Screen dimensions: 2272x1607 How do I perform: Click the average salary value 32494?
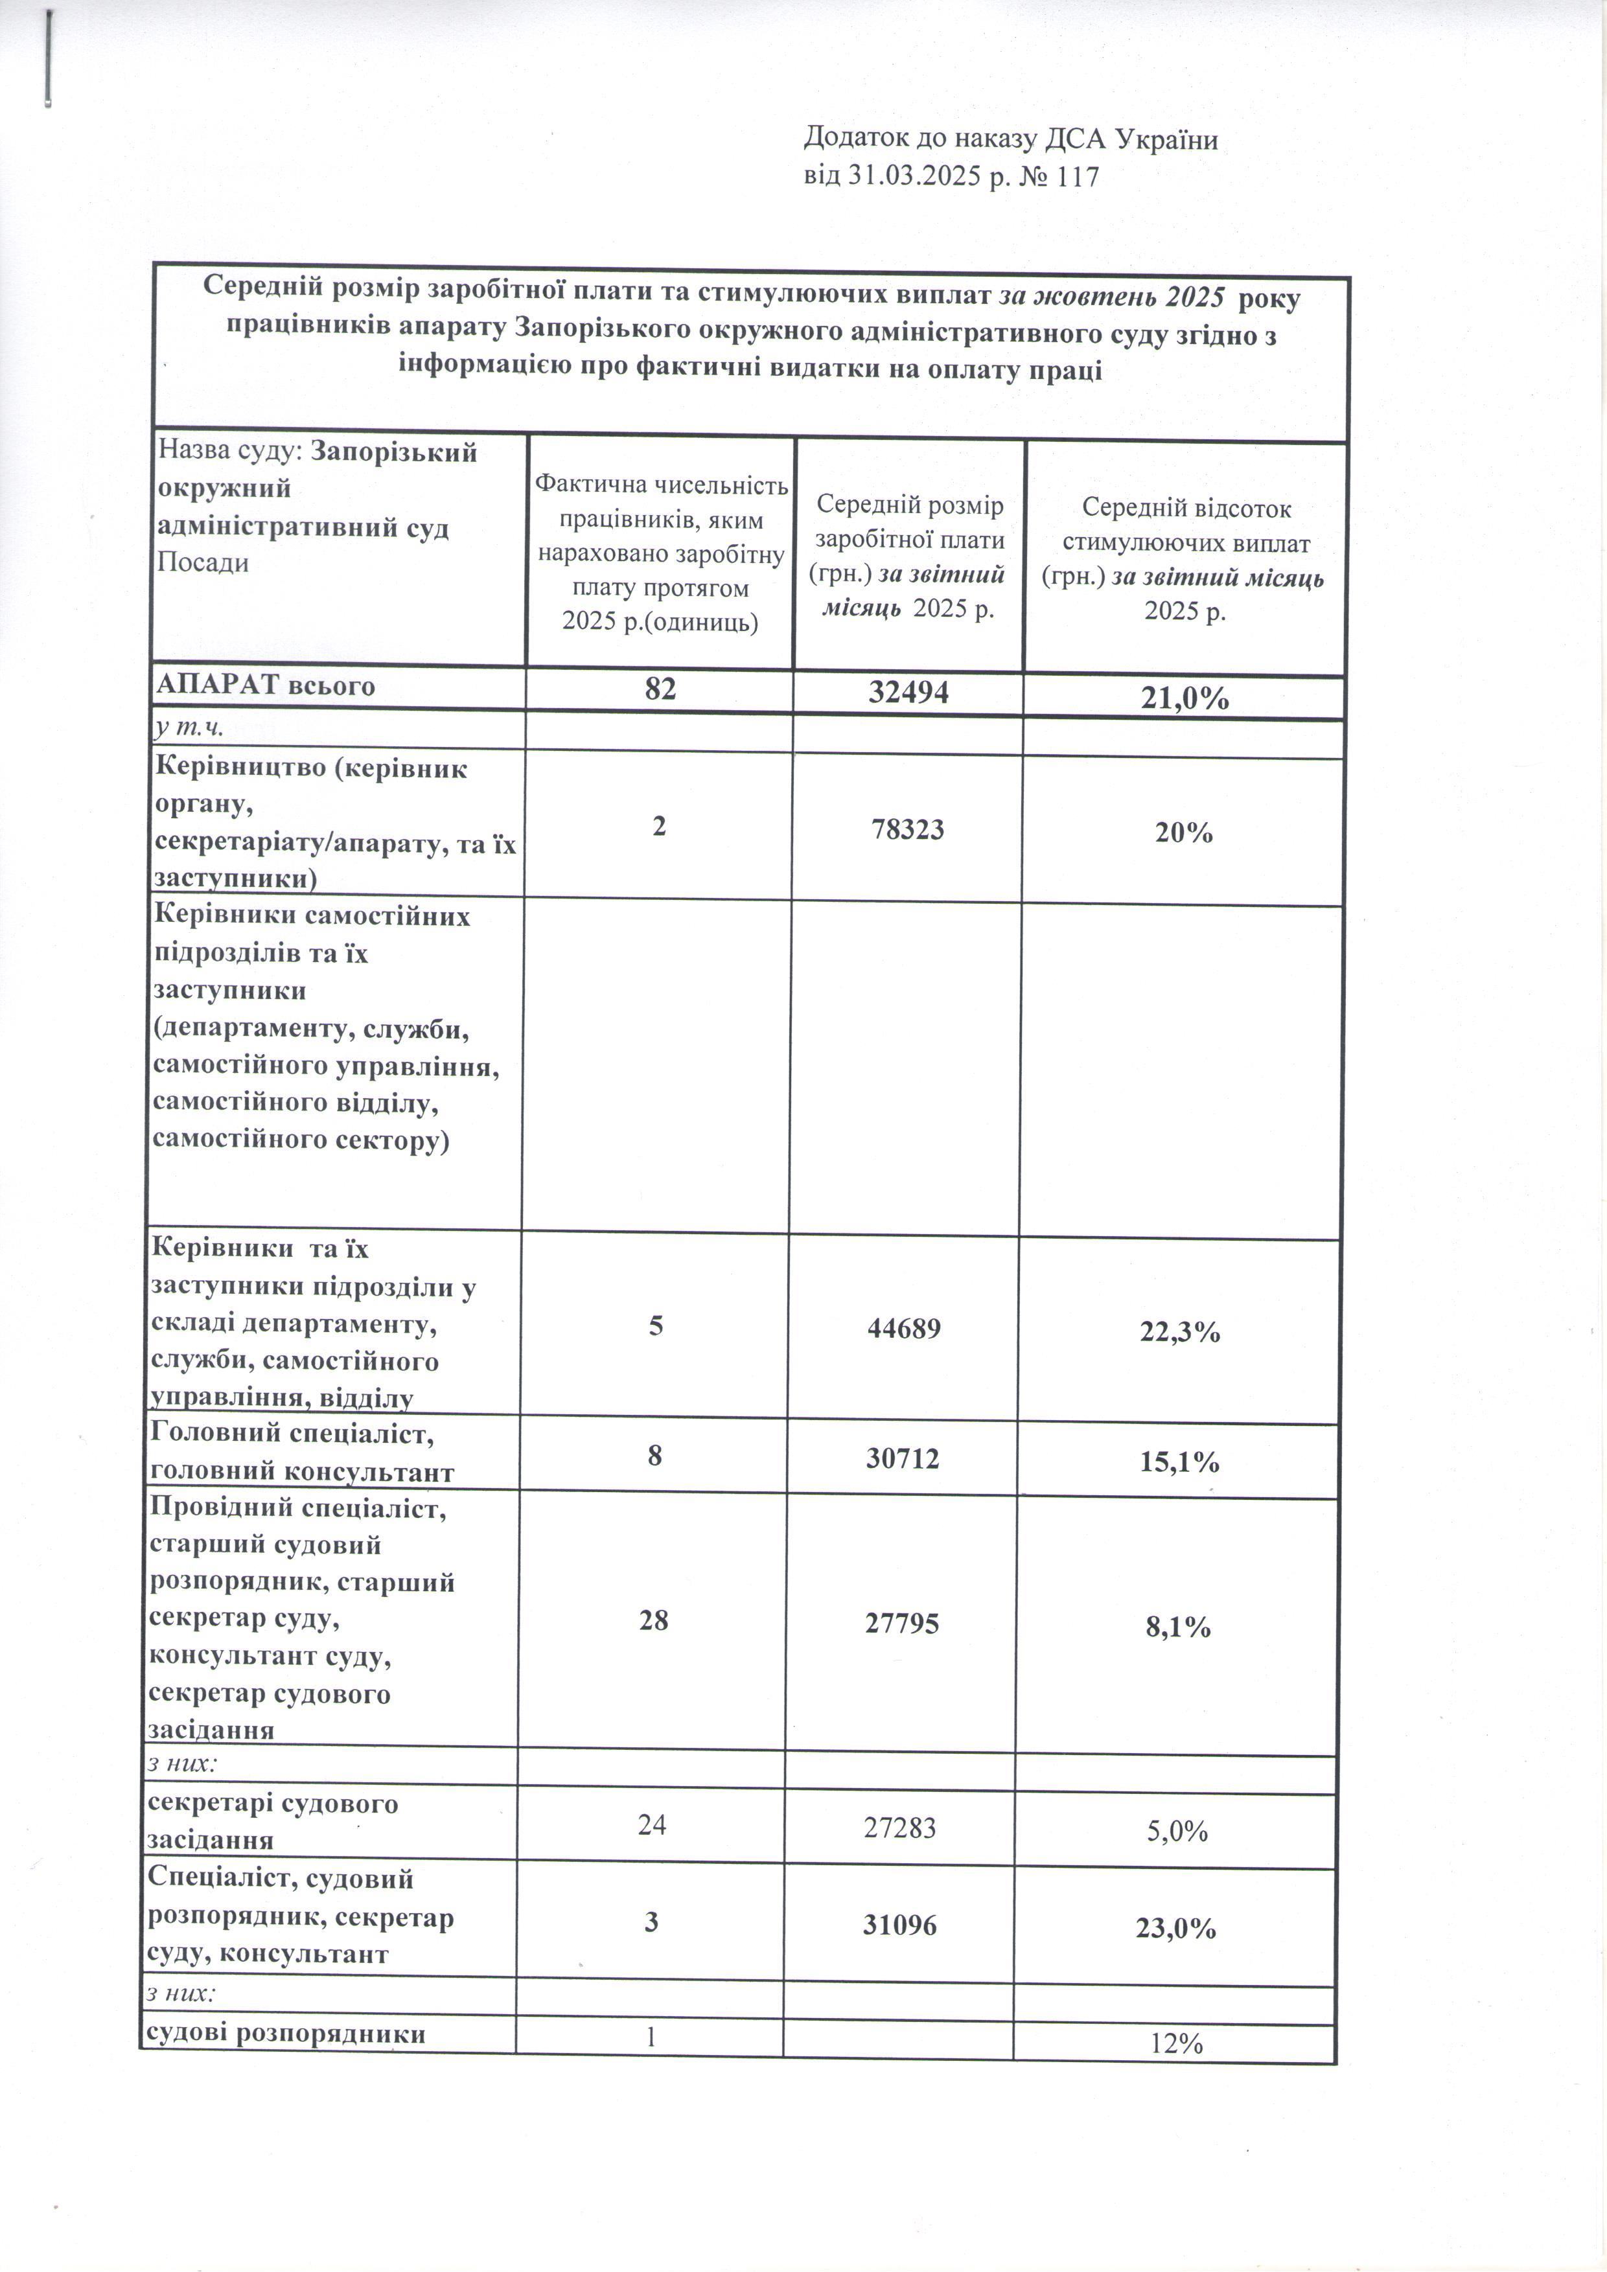click(908, 692)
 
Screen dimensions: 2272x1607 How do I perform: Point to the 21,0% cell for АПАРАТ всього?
click(1183, 698)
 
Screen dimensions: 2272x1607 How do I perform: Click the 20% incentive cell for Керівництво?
click(1183, 832)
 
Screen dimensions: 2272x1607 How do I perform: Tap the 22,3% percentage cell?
click(1181, 1333)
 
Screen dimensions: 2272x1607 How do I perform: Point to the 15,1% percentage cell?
click(1179, 1462)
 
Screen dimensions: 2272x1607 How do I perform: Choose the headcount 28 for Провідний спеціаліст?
click(654, 1620)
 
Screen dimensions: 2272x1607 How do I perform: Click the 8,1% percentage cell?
click(1177, 1627)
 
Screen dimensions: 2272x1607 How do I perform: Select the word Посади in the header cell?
click(204, 563)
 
